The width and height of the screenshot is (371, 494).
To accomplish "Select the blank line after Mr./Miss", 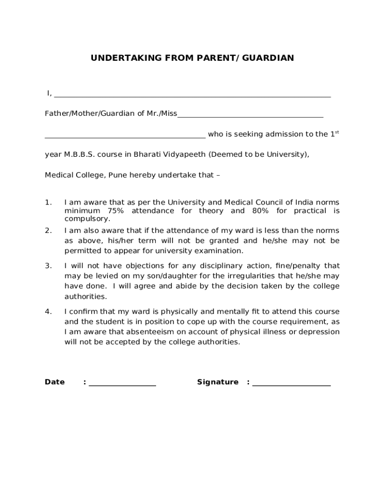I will coord(251,115).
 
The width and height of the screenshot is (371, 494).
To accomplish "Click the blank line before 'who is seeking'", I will coord(125,136).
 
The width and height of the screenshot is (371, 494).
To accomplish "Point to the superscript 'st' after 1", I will coord(337,132).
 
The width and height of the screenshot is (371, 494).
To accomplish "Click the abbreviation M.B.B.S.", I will coord(77,155).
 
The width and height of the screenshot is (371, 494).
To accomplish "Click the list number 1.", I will coord(48,202).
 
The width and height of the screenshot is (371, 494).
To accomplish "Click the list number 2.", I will coord(48,231).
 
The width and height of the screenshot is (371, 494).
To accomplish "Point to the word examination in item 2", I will coord(220,251).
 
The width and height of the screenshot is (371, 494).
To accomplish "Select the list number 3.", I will coord(48,266).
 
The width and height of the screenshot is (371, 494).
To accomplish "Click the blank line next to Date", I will coord(122,384).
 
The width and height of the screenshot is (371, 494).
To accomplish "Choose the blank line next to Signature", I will coord(291,384).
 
